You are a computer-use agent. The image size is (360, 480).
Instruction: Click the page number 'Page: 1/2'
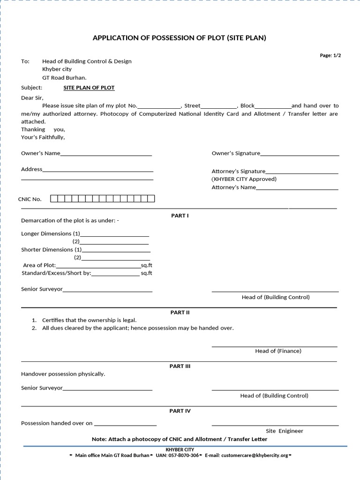330,55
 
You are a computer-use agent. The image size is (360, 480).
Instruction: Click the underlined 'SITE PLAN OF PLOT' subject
89,88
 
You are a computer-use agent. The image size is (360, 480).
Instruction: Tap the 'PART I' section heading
180,216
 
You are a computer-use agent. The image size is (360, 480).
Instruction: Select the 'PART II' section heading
180,312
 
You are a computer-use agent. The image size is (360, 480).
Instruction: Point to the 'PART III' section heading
180,366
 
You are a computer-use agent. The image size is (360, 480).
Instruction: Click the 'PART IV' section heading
180,411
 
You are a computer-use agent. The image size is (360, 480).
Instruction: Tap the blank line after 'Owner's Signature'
300,154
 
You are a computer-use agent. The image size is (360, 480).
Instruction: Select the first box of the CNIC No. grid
54,199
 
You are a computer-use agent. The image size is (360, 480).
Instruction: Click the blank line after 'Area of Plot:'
98,266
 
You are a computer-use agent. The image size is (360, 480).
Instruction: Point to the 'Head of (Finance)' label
278,351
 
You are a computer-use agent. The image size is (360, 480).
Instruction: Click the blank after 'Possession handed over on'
125,424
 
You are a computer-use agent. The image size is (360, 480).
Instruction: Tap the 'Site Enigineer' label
285,431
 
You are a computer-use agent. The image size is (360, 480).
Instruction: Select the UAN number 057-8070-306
183,455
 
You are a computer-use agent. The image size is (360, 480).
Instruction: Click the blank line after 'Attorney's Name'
297,188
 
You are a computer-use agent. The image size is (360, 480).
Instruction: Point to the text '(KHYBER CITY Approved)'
244,179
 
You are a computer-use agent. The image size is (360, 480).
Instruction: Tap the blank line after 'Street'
218,107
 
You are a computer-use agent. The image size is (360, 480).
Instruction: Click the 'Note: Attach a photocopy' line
180,439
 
